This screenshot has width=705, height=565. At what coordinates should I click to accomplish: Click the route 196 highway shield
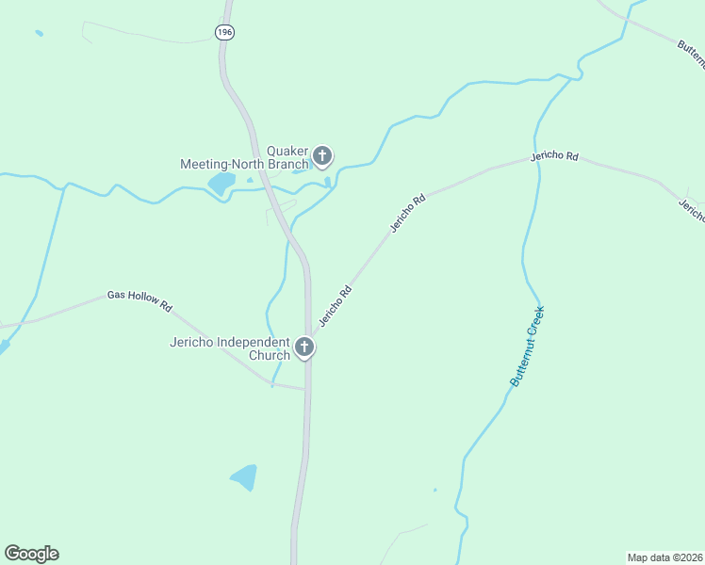click(223, 32)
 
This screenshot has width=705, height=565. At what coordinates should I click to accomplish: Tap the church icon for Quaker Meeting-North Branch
click(322, 155)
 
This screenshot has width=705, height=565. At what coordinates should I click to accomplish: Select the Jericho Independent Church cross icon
click(304, 347)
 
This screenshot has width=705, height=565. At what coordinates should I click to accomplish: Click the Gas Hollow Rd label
click(139, 300)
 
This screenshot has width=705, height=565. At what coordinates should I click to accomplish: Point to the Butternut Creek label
click(528, 346)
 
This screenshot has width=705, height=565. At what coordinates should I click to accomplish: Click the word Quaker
click(288, 151)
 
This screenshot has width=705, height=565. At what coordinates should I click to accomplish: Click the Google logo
click(31, 554)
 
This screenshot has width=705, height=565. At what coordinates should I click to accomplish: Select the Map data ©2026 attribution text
click(664, 557)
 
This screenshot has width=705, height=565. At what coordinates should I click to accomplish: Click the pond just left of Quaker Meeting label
click(221, 182)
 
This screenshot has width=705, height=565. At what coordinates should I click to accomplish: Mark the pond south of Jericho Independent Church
click(244, 477)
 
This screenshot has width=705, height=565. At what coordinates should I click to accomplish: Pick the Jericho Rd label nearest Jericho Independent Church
click(335, 305)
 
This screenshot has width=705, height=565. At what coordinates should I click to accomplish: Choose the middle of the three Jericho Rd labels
click(408, 213)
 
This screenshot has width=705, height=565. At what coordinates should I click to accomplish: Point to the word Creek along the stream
click(536, 323)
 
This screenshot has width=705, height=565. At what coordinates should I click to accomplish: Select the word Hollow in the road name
click(142, 299)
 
